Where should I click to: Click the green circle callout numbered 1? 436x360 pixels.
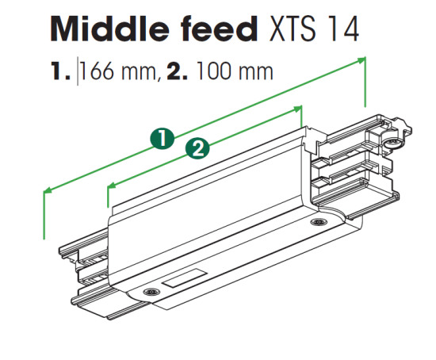click(x=163, y=138)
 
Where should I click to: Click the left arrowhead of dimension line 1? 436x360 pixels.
click(x=48, y=190)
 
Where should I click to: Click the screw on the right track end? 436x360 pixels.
click(x=394, y=143)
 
